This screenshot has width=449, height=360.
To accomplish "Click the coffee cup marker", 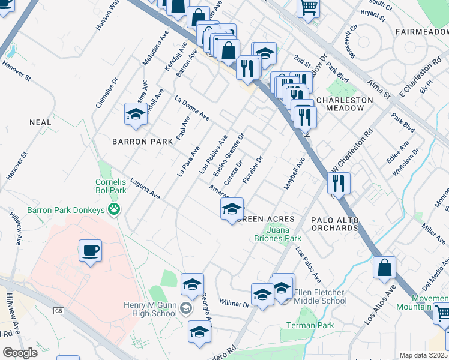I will (x=90, y=251).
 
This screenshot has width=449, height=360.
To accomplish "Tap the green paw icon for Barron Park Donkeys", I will (x=114, y=209).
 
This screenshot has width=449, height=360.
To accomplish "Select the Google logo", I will (x=20, y=353).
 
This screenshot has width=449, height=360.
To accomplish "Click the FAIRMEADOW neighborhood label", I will (x=421, y=31).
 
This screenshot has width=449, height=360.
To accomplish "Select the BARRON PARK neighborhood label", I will (x=142, y=142).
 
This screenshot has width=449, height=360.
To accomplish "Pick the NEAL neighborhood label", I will (x=40, y=122).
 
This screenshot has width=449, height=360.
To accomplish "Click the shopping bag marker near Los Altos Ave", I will (x=384, y=268).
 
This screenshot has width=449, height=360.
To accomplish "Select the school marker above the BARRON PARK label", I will (x=136, y=114).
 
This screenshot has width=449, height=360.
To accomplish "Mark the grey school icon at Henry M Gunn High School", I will (x=186, y=308).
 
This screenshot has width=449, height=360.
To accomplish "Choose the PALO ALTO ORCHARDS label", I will (x=334, y=224).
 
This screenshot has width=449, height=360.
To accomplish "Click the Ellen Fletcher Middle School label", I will (x=320, y=296).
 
